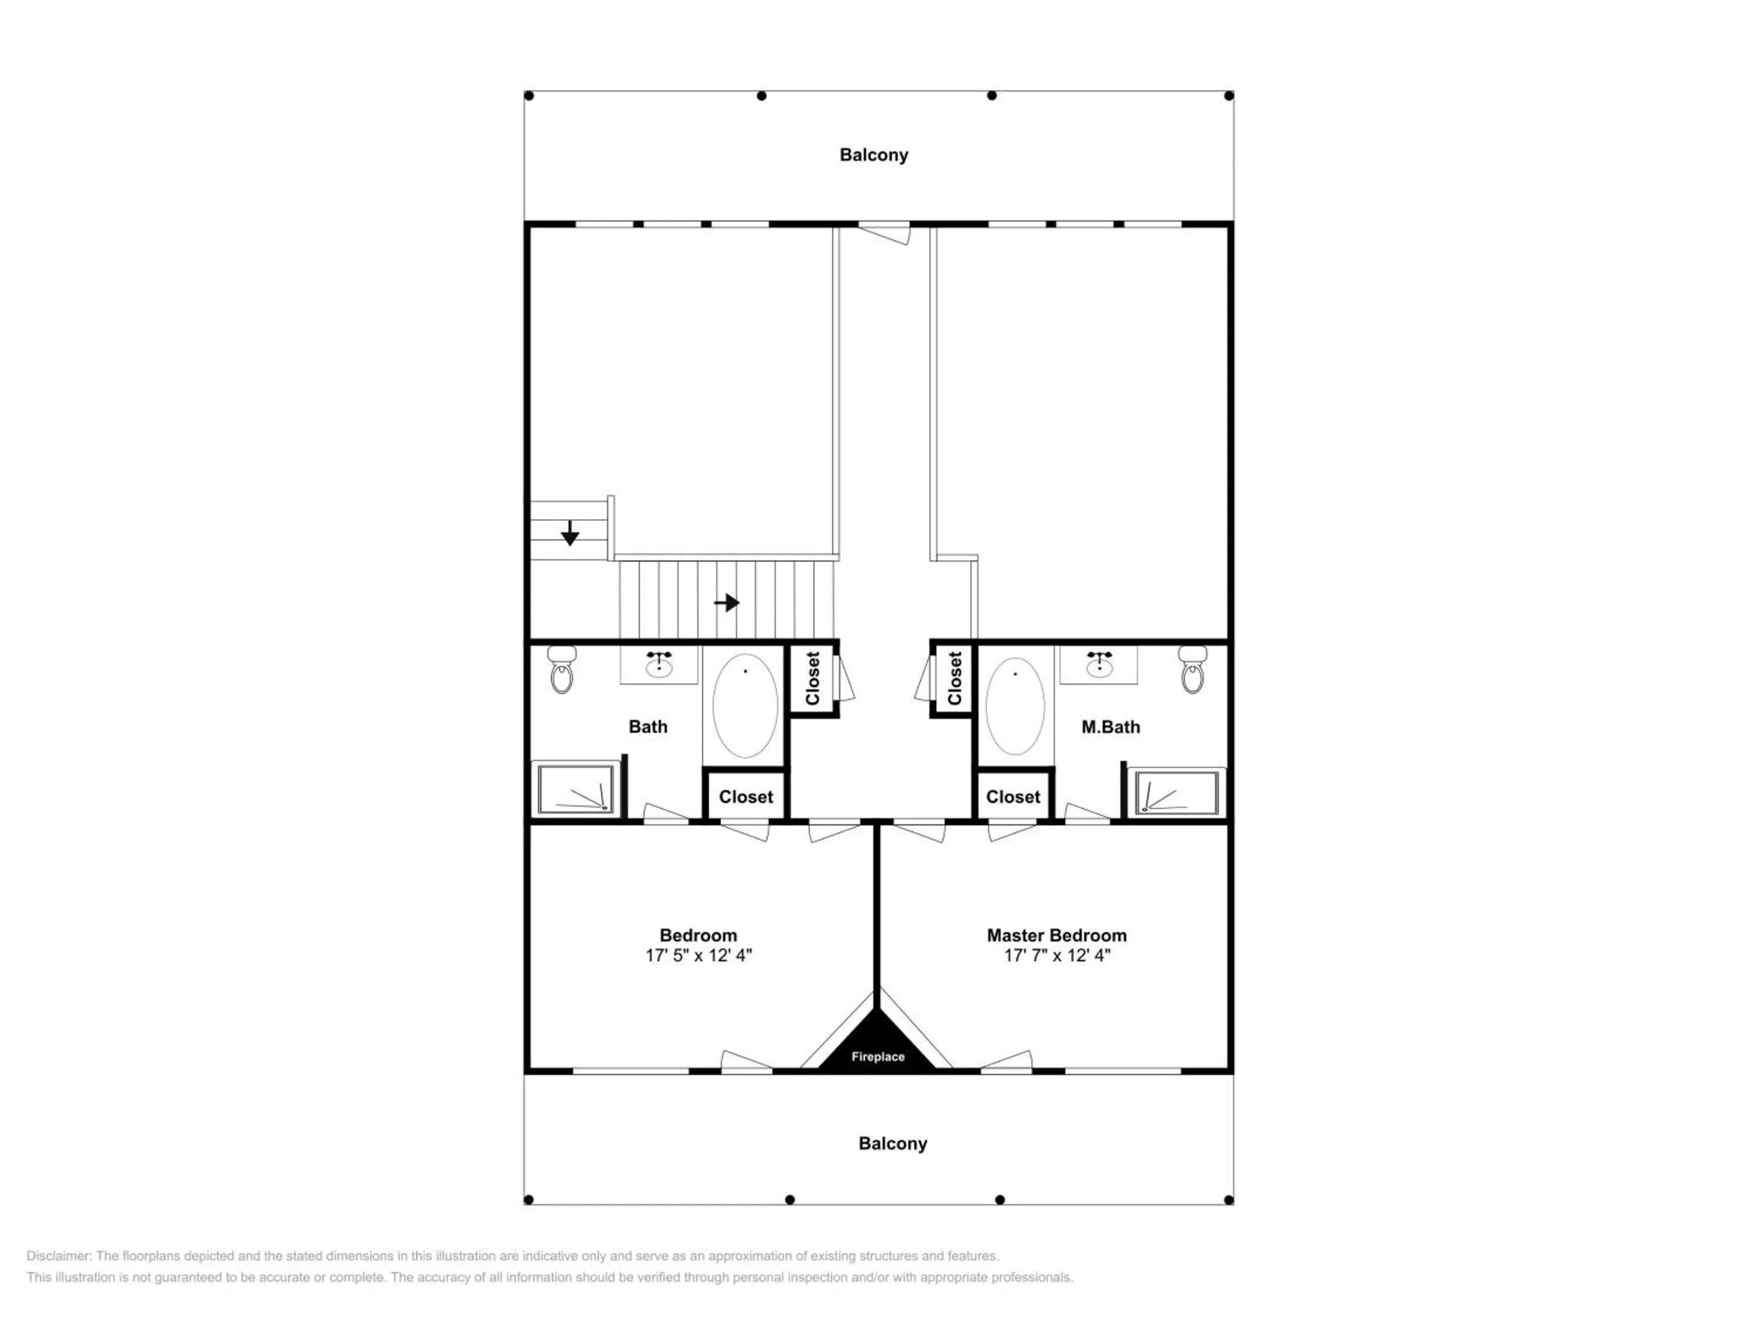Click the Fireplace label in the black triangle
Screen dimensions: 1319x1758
pos(877,1056)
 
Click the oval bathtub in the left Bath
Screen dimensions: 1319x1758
pos(745,705)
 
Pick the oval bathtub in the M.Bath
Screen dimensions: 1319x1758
pos(1015,705)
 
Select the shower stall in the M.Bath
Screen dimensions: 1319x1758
pos(1176,792)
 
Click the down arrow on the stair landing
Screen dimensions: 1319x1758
pos(570,533)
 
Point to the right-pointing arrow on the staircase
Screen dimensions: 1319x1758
pos(727,603)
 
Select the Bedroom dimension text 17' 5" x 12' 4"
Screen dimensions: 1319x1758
pos(698,956)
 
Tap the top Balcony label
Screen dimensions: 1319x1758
pos(874,155)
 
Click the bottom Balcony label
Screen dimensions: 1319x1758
pos(892,1143)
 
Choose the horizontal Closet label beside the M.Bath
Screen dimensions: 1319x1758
pos(1013,797)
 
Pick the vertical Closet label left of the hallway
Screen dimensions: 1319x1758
pos(812,678)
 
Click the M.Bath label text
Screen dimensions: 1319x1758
pos(1110,727)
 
